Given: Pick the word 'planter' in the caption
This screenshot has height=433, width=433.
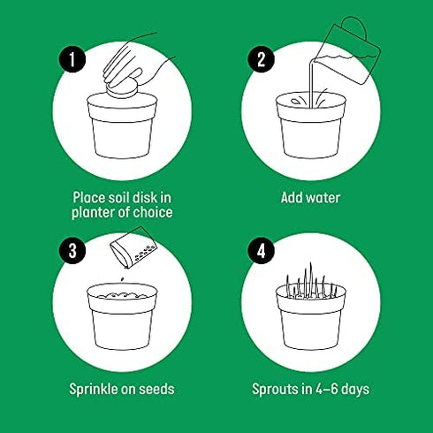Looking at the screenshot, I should [99, 213].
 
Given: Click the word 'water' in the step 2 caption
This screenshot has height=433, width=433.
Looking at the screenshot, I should [322, 198].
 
